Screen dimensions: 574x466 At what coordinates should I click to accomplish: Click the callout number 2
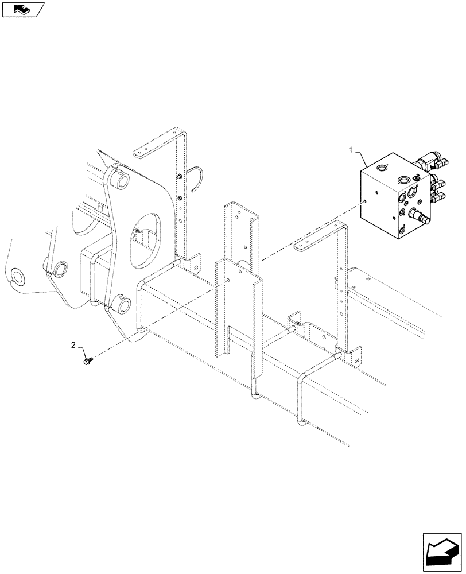73,345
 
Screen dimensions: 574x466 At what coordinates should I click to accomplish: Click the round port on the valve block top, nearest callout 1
381,168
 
